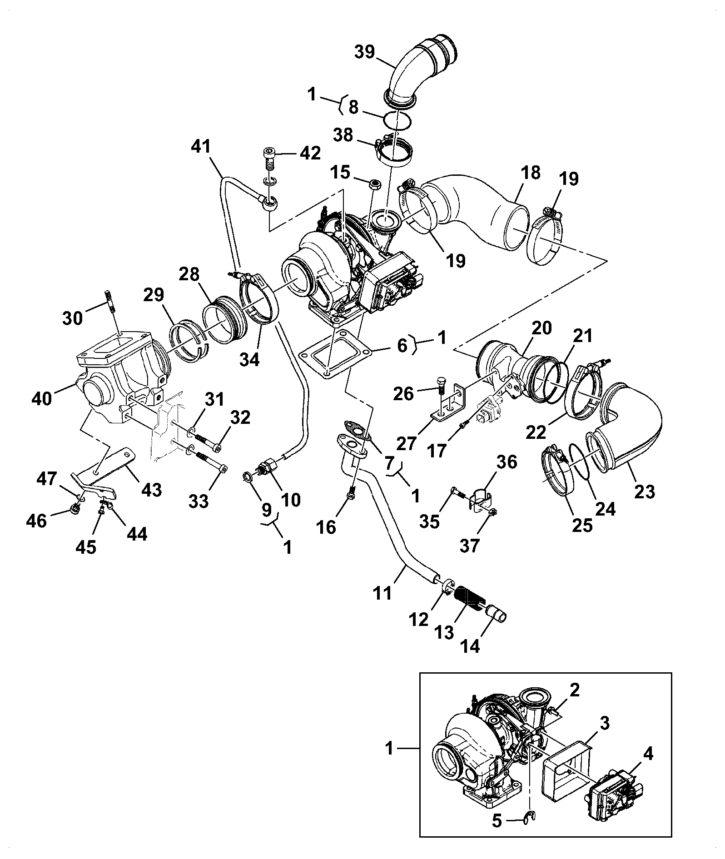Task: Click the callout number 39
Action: [x=365, y=52]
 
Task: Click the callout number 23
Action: [x=645, y=491]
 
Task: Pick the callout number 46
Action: [x=37, y=521]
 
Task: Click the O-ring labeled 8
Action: [x=397, y=122]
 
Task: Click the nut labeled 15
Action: [x=375, y=184]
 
